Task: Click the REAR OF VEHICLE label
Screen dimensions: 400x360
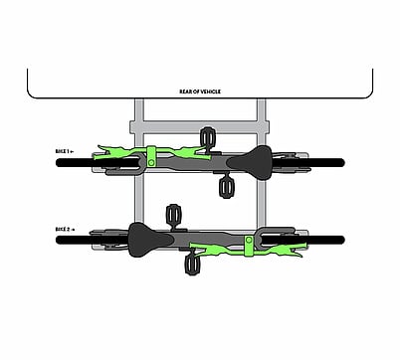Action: point(200,91)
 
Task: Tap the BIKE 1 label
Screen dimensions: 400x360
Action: point(65,151)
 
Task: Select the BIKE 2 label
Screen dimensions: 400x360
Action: point(65,230)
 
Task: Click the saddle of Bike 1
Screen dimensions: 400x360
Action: point(251,163)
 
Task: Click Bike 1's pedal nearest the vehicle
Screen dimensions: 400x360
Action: point(208,137)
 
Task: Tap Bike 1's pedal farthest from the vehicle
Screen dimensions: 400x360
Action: point(226,188)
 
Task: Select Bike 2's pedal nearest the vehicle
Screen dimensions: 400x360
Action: point(174,215)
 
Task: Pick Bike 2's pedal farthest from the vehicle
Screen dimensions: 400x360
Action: point(191,265)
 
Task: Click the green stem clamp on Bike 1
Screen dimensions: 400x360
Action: point(151,157)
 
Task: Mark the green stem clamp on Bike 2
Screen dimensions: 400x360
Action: point(249,246)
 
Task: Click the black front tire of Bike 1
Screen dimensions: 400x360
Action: point(98,163)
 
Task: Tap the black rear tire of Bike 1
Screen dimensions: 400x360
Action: point(309,163)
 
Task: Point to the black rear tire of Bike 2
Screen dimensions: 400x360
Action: point(93,240)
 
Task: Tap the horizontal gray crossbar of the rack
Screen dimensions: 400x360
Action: point(199,127)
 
